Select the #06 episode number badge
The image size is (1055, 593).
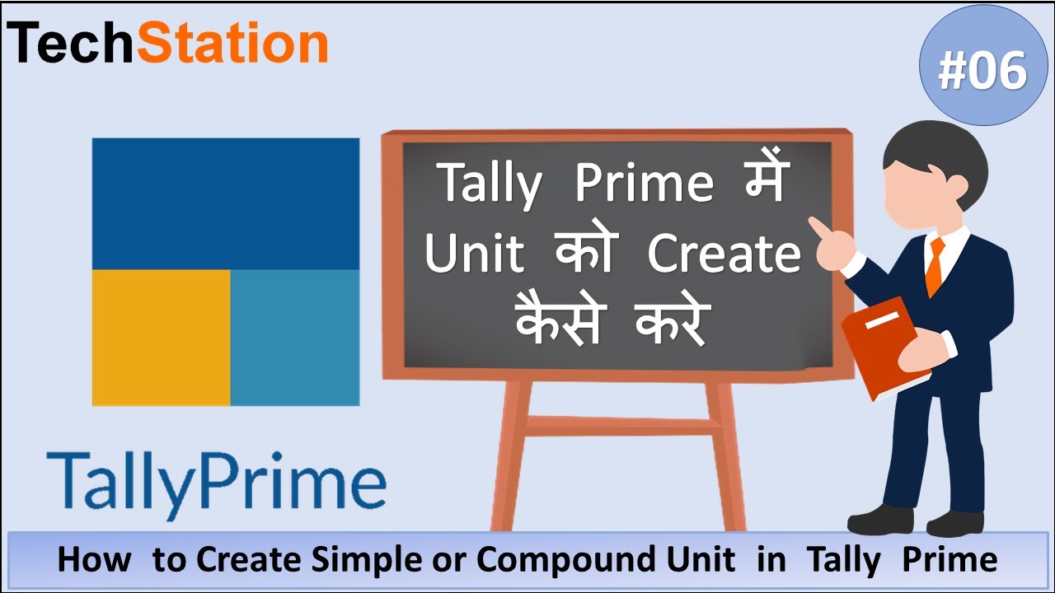[x=982, y=70]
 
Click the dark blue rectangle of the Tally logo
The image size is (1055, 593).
[x=225, y=203]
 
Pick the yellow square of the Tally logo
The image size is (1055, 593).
[x=161, y=337]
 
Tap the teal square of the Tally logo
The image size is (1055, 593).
[x=294, y=337]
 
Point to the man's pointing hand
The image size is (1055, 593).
[x=827, y=239]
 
